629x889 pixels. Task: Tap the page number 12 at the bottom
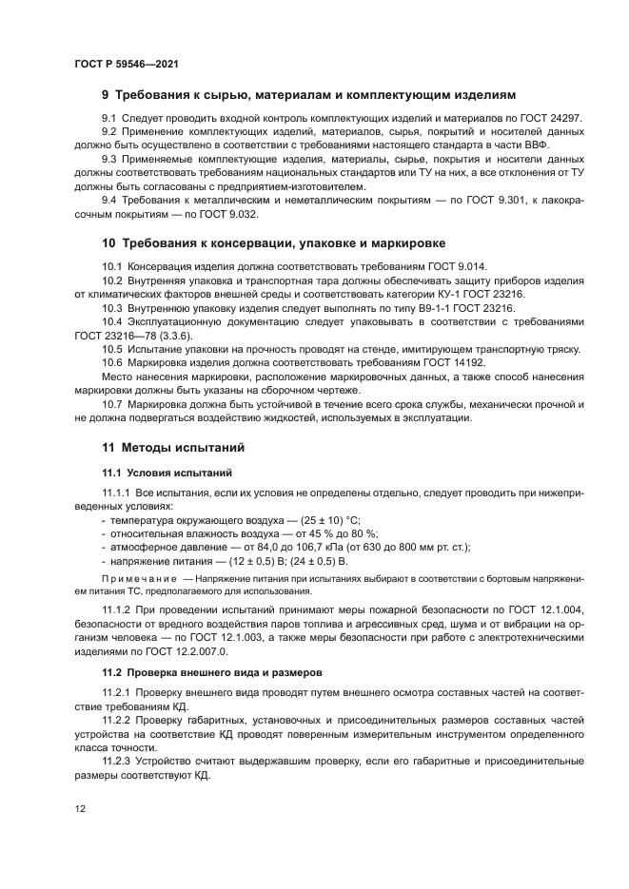pos(80,808)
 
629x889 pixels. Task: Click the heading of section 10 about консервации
pos(274,243)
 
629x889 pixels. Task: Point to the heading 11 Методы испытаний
pos(173,446)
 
